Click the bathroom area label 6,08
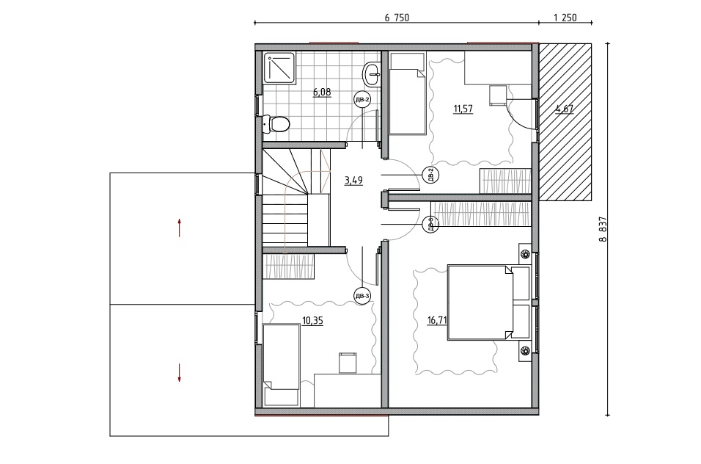(x=322, y=93)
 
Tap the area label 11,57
(x=463, y=109)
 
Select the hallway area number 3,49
(x=353, y=181)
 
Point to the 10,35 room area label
(x=312, y=321)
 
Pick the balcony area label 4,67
(x=564, y=109)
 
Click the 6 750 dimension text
(x=397, y=18)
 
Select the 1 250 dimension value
(x=565, y=18)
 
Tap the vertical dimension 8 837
(x=603, y=230)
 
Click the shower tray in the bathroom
(x=279, y=68)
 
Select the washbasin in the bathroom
(x=372, y=74)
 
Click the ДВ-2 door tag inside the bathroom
(x=361, y=100)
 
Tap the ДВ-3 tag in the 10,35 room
(x=362, y=296)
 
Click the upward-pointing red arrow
(x=179, y=228)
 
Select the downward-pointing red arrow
(x=179, y=373)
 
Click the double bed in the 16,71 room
(x=488, y=302)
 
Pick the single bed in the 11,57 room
(x=407, y=93)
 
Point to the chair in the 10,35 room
(x=348, y=363)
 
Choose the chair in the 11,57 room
(x=498, y=95)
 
